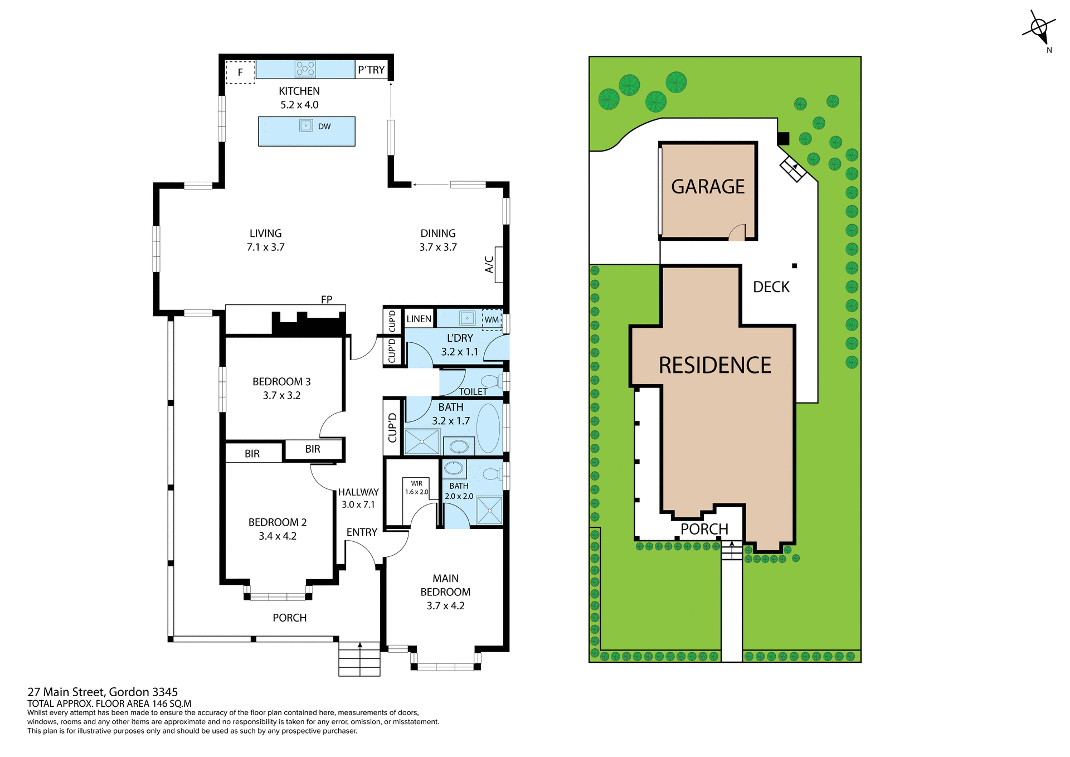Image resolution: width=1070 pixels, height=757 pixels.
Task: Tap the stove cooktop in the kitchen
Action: point(305,69)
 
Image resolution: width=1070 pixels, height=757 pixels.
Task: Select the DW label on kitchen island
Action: point(324,127)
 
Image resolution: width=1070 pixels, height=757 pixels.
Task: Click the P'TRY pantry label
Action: point(371,70)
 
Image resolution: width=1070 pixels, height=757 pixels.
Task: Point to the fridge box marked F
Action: point(240,72)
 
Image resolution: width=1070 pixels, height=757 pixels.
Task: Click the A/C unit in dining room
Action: point(499,264)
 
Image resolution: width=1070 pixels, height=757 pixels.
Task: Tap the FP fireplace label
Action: point(327,300)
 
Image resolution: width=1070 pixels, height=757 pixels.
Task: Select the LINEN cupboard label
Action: point(419,319)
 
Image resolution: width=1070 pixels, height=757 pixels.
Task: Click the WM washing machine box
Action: point(492,319)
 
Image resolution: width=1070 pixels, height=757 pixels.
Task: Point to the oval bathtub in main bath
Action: point(488,428)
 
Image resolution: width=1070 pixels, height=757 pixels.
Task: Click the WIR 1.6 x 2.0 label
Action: point(416,488)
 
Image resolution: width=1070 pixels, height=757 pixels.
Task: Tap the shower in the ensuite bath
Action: point(489,510)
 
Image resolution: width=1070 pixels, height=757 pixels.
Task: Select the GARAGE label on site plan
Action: point(708,187)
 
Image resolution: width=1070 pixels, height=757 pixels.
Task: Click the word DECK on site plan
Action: point(771,287)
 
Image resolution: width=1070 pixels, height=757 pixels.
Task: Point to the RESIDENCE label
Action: point(715,366)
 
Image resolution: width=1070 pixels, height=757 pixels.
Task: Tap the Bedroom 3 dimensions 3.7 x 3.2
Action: point(281,395)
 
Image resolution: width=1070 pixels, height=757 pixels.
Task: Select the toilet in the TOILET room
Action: point(491,381)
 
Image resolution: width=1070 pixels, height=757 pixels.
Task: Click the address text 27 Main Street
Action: point(103,692)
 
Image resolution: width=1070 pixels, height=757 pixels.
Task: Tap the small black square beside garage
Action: point(783,138)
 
